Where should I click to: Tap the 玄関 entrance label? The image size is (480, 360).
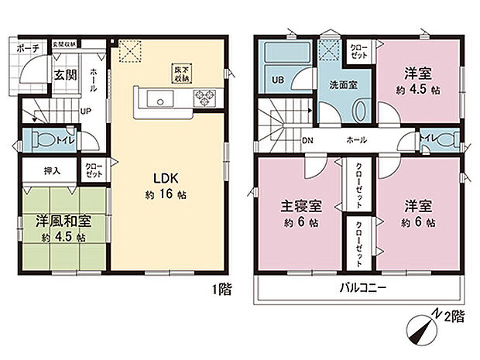click(63, 75)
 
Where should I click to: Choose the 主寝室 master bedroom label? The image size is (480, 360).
click(300, 207)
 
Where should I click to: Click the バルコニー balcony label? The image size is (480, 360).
click(361, 288)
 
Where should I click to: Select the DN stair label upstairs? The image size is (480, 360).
click(307, 141)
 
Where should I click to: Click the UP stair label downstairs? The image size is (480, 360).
click(86, 111)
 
